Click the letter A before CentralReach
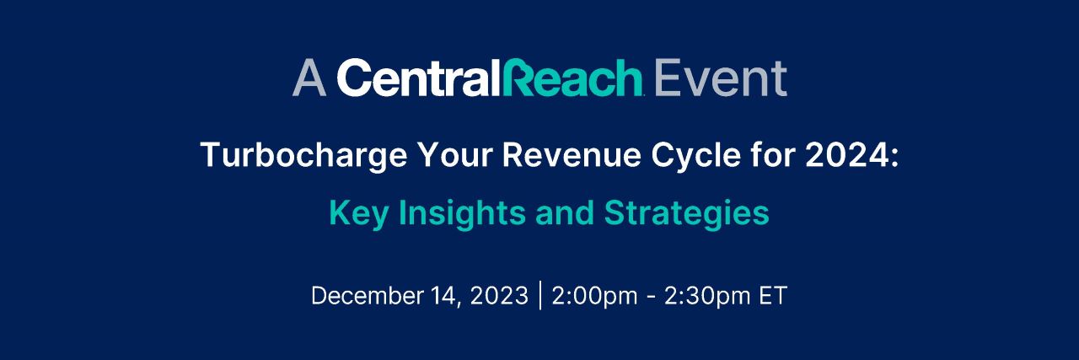309,78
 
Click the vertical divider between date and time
539,296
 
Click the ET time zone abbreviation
772,296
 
